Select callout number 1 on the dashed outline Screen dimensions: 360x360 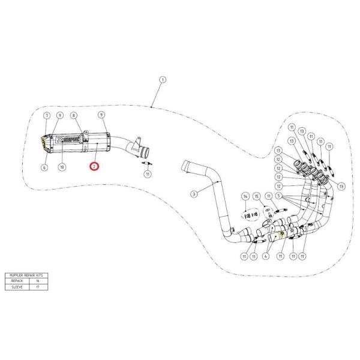tap(163, 80)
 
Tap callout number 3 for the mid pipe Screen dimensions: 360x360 tap(194, 194)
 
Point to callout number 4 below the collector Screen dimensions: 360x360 tap(264, 256)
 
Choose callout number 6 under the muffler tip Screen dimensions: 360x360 tap(44, 167)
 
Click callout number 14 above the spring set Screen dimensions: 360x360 tap(245, 196)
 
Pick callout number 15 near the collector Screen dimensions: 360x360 tap(256, 196)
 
